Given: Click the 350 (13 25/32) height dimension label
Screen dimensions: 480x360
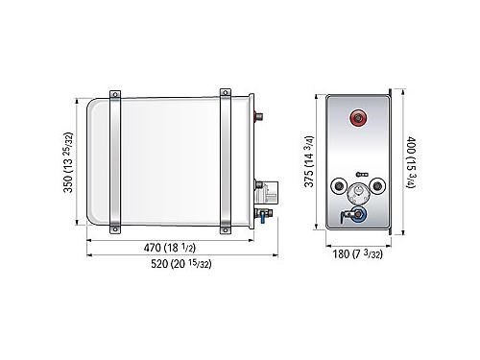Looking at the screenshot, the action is pos(68,162).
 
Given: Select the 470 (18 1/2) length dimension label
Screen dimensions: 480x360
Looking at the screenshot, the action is pos(170,248).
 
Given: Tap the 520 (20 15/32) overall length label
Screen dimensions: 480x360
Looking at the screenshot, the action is pos(181,264).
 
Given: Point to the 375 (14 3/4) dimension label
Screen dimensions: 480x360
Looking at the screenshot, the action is pos(309,161).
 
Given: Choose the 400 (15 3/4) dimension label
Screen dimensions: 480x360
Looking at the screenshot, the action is pos(411,162).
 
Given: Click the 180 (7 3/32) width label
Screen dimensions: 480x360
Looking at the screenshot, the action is pos(358,254).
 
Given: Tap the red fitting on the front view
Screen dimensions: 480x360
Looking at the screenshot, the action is pos(358,118).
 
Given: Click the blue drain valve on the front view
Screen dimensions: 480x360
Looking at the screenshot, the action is pos(357,214).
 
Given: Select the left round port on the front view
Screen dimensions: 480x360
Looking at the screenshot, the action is pos(339,186).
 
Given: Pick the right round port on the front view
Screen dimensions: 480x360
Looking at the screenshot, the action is pos(377,185).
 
